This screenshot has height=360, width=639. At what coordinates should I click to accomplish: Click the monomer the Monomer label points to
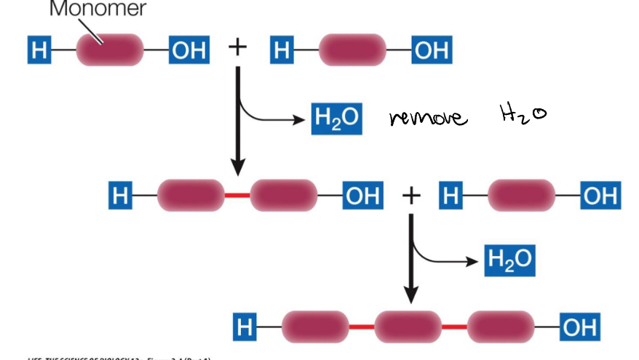[110, 49]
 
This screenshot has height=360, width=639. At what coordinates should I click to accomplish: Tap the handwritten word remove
[427, 117]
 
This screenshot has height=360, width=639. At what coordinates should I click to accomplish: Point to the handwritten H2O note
[523, 113]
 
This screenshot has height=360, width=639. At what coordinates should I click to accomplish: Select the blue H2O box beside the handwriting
[336, 119]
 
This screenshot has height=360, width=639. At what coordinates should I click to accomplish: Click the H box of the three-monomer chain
[245, 328]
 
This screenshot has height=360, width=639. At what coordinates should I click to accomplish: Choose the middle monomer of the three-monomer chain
[408, 328]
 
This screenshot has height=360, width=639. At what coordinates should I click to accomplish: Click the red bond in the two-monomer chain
[237, 196]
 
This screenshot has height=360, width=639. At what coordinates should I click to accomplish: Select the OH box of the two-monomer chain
[362, 196]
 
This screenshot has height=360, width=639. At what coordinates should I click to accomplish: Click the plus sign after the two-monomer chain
[411, 195]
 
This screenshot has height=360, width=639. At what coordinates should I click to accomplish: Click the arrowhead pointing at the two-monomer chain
[237, 166]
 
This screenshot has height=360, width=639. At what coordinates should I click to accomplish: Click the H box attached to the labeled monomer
[40, 49]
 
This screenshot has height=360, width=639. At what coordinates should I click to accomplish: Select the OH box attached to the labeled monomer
[188, 49]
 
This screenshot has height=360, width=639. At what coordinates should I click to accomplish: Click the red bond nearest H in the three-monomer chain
[361, 328]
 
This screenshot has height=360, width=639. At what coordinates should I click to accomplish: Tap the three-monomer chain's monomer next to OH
[501, 328]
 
